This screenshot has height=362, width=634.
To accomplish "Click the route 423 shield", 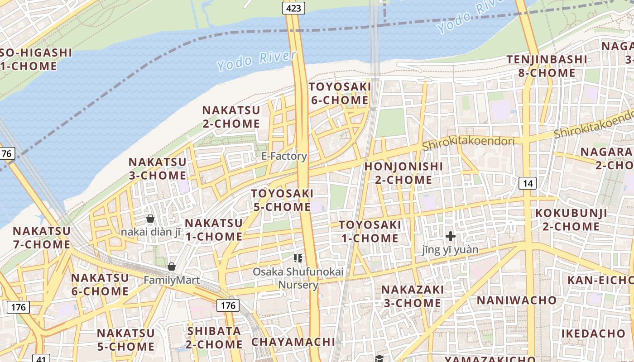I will (293, 8).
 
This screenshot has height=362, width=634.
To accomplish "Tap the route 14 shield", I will (528, 183).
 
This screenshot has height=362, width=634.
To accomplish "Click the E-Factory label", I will (284, 156).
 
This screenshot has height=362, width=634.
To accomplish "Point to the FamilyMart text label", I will (172, 280).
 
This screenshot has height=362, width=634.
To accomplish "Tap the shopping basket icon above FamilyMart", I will (172, 267).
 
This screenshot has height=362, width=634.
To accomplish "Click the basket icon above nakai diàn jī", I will (150, 219).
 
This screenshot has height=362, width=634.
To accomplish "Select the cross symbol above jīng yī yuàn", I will (450, 236).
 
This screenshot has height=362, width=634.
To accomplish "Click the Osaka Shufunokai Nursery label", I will (298, 278).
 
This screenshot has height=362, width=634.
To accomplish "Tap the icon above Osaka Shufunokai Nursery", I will (298, 258).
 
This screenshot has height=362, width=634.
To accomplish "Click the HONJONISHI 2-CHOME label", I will (403, 173).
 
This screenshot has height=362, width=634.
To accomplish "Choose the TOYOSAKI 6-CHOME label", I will (340, 93).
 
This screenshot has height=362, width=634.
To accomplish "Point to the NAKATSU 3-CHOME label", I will (157, 168).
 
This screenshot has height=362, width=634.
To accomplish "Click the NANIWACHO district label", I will (517, 300).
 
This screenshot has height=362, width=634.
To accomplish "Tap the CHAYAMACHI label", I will (293, 342).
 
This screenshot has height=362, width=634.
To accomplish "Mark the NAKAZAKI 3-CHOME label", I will (412, 296).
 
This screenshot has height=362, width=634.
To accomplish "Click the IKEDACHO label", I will (593, 333).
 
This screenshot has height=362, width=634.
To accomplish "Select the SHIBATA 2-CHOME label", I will (215, 337).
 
